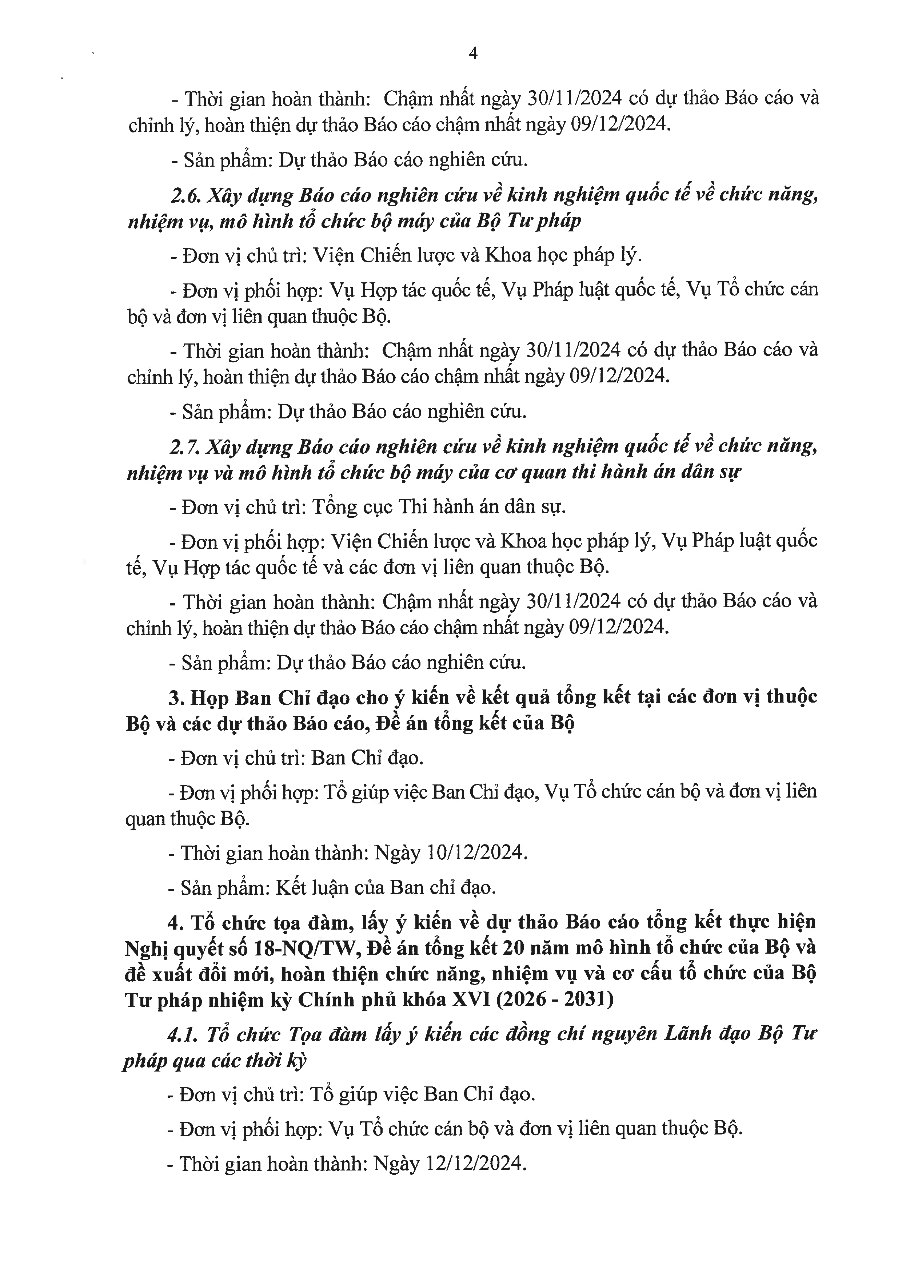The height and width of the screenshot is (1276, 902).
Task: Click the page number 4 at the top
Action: tap(473, 53)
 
